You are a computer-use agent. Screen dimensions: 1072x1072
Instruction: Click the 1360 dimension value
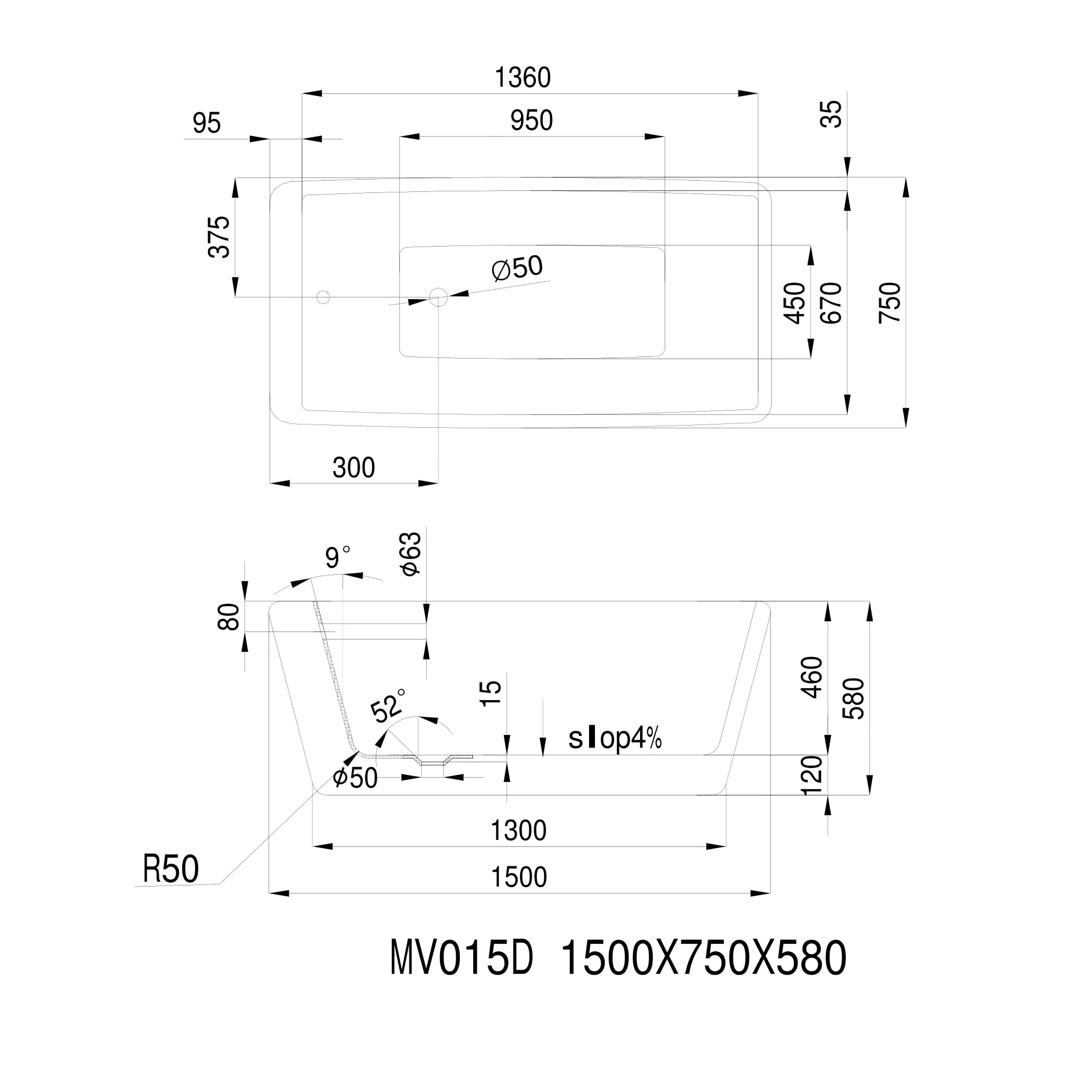pos(522,78)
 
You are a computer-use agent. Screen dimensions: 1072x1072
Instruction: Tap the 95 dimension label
pos(207,123)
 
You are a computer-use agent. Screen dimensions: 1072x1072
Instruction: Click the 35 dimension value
pos(831,114)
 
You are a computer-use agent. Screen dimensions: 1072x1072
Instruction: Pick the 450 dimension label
pos(795,303)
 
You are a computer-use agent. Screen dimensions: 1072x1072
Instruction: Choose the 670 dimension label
pos(831,303)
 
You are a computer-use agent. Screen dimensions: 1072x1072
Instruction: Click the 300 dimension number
pos(353,468)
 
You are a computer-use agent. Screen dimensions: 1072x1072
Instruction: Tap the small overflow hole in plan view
pos(323,297)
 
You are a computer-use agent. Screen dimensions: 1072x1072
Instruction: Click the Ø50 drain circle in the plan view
pos(438,297)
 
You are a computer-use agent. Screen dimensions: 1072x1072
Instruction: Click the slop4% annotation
pos(615,739)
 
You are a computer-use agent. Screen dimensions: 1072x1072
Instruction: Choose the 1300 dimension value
pos(518,831)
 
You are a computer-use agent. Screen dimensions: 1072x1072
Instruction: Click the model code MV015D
pos(462,959)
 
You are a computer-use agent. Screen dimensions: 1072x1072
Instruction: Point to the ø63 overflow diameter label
pos(412,554)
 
